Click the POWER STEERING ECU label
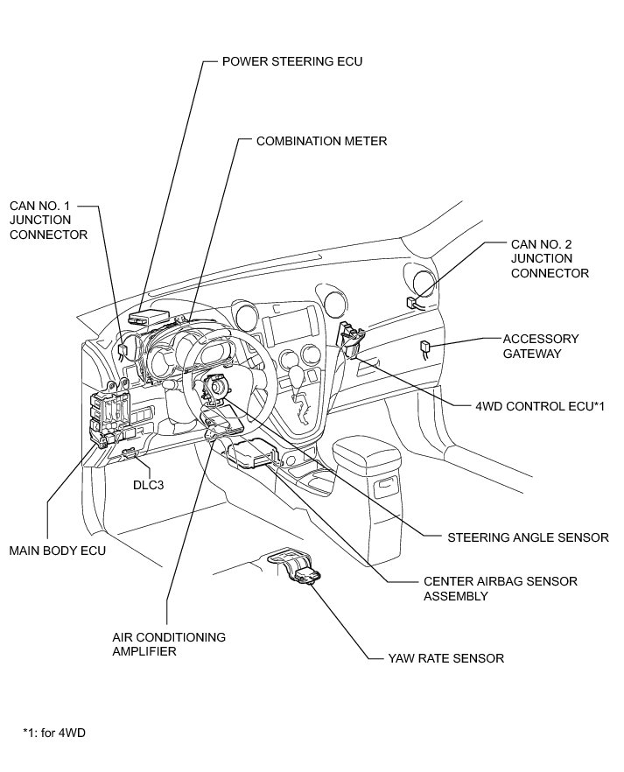(x=292, y=61)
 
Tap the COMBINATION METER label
(x=322, y=141)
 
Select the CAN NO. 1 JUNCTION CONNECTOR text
(x=48, y=220)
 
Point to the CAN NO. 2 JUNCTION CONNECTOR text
(x=550, y=258)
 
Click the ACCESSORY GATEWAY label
(x=541, y=346)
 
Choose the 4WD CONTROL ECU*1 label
(x=540, y=406)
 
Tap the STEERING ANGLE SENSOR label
(x=528, y=537)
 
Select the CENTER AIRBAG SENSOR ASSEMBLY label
(x=501, y=588)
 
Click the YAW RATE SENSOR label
(x=445, y=658)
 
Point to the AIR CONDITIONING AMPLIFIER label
(x=169, y=644)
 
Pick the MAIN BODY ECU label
(x=58, y=551)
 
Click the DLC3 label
(x=148, y=485)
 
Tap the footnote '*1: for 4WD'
(x=54, y=733)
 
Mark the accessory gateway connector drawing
(x=425, y=348)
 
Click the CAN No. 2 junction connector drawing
(x=412, y=303)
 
